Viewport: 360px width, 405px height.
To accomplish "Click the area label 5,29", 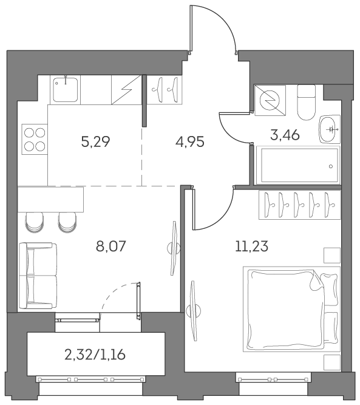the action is pos(95,141).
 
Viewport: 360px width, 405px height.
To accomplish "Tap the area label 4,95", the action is pos(190,141).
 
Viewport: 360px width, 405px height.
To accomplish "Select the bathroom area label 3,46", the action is pos(285,135).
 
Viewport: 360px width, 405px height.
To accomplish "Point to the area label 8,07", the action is pos(110,246).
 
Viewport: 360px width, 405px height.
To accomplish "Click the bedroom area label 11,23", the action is pos(251,246).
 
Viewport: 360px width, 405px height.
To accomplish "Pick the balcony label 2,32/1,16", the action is pos(95,355).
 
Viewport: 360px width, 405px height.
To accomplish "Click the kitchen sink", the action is pos(66,90).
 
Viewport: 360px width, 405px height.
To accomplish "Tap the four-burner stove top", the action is pos(35,140).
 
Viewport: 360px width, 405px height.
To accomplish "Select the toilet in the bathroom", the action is pos(307,103).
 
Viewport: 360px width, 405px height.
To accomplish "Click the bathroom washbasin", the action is pos(330,129).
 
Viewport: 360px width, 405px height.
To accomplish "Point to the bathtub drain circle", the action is pos(331,166).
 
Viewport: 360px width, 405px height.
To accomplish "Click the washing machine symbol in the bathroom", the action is pos(270,100).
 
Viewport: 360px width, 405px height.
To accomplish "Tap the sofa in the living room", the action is pos(38,276).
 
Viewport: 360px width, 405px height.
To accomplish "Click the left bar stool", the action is pos(34,222).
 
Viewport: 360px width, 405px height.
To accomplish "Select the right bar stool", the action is pos(67,222).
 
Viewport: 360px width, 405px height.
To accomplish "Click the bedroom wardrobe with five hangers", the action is pos(300,205).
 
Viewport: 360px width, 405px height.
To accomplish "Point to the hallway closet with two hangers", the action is pos(166,90).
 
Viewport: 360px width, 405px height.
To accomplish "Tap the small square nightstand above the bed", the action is pos(332,256).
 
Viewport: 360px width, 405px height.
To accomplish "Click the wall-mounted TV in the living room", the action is pos(173,248).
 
